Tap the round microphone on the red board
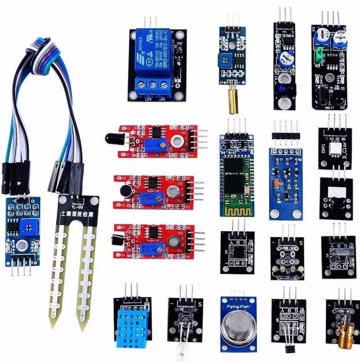tap(124, 191)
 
